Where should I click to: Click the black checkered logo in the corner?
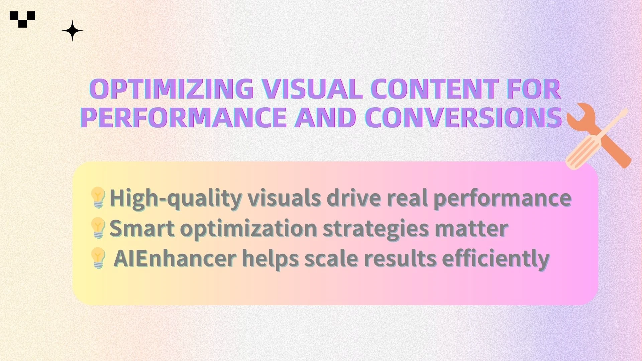(22, 19)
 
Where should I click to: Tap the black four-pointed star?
(72, 31)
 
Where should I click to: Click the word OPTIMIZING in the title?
(172, 89)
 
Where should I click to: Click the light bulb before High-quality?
(98, 198)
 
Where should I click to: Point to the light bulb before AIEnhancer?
(98, 258)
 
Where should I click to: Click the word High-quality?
(176, 198)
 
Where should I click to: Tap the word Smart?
(142, 228)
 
